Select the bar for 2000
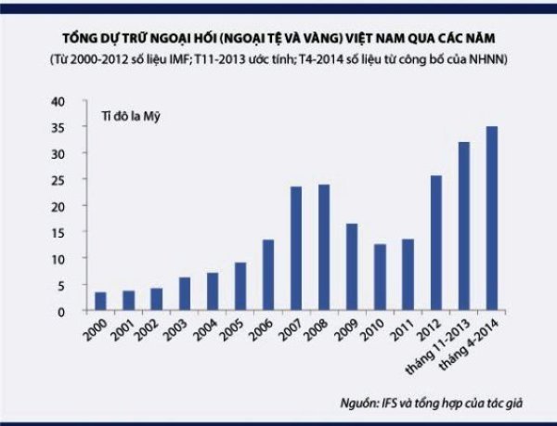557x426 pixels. point(100,302)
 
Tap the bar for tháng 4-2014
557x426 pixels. point(491,218)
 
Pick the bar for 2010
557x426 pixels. point(380,278)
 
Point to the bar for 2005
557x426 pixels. point(240,287)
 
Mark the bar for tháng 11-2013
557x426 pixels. point(463,226)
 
